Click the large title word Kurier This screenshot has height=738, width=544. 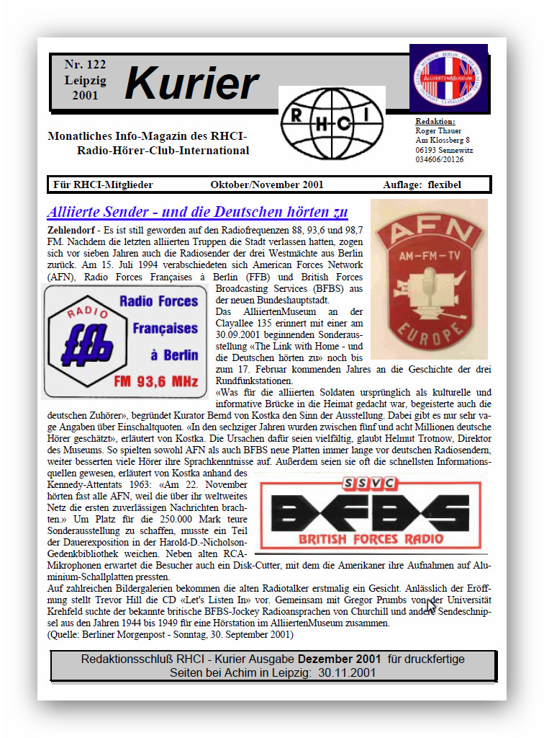coord(191,84)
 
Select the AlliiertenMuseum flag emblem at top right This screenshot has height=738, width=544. coord(448,77)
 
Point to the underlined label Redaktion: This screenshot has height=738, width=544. coord(435,121)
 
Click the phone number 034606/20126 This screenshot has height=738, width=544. coord(440,159)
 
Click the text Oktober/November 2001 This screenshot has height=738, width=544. coord(267,184)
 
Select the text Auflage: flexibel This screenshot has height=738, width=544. coord(422,184)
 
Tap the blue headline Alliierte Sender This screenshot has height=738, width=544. coord(197,212)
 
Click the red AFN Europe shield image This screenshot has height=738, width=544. coord(429,280)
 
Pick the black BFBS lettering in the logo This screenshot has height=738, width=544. coord(368,513)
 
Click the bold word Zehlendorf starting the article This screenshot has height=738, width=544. coord(73,228)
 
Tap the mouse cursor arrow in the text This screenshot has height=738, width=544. coord(430,605)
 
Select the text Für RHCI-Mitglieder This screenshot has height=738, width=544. coord(103,184)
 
